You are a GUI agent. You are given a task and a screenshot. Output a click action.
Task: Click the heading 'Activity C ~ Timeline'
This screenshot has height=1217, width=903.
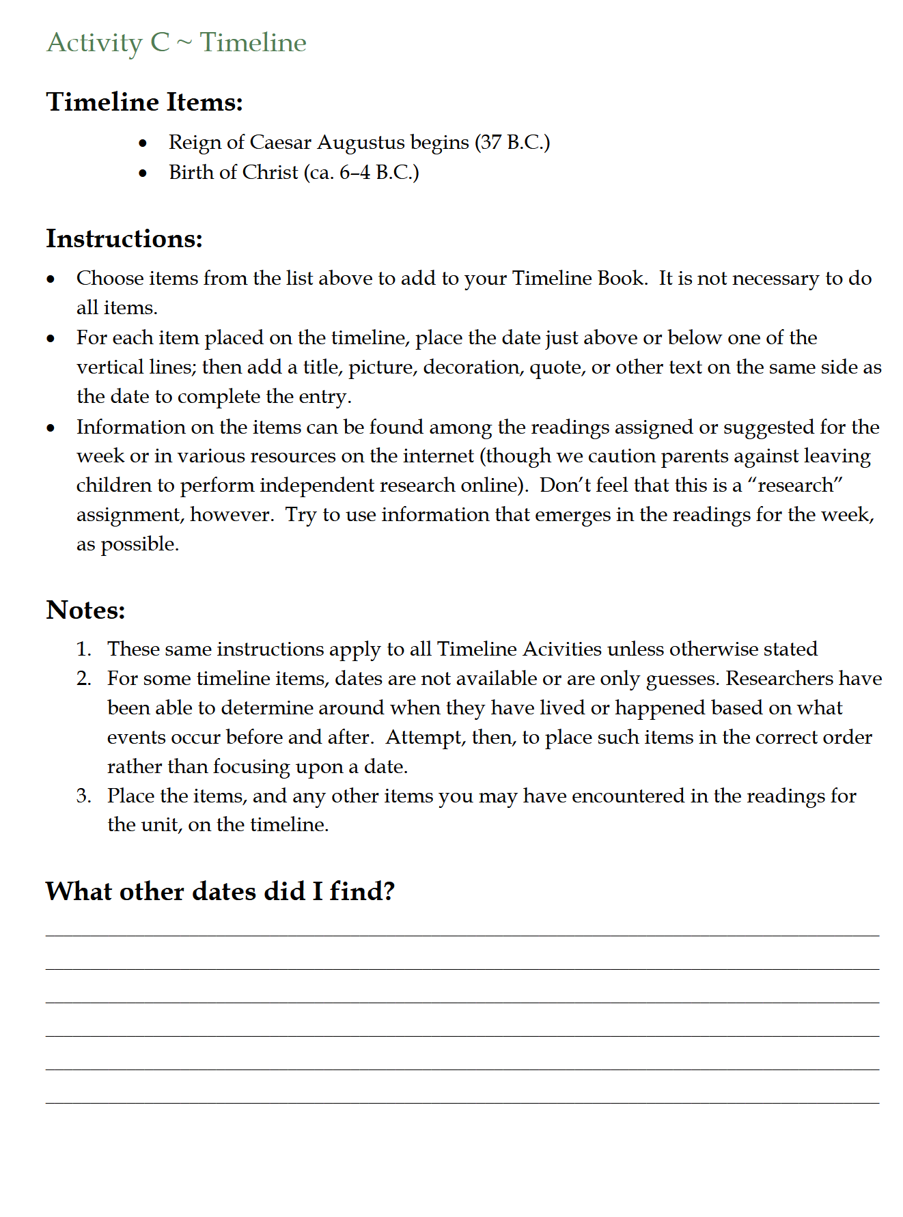(176, 42)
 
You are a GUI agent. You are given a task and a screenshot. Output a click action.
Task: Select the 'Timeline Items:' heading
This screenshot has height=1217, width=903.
(144, 102)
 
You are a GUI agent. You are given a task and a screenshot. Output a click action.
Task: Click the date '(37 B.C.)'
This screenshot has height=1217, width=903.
(512, 142)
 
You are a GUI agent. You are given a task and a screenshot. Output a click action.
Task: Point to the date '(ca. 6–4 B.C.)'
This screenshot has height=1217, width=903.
(361, 172)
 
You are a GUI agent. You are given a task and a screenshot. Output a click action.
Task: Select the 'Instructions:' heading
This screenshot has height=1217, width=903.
(124, 239)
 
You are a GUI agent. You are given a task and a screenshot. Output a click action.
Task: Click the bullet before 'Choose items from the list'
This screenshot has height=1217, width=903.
(51, 279)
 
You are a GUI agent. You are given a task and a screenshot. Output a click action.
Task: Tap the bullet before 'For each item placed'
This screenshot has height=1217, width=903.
(51, 339)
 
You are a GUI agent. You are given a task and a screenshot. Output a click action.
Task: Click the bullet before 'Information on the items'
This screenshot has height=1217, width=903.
(51, 428)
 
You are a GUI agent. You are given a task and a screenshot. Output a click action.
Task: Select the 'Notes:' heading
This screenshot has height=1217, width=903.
(86, 610)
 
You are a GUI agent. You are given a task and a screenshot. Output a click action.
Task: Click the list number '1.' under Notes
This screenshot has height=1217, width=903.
(83, 649)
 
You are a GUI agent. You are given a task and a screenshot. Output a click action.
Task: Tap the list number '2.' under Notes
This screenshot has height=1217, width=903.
(83, 678)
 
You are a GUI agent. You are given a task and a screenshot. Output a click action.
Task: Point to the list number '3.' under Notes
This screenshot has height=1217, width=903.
(83, 796)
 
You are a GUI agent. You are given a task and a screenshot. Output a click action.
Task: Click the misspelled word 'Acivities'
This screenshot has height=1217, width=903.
(562, 649)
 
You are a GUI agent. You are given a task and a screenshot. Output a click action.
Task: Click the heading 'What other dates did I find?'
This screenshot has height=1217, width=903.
(220, 891)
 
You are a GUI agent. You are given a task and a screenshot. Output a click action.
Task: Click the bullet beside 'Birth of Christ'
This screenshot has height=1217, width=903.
(143, 173)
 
